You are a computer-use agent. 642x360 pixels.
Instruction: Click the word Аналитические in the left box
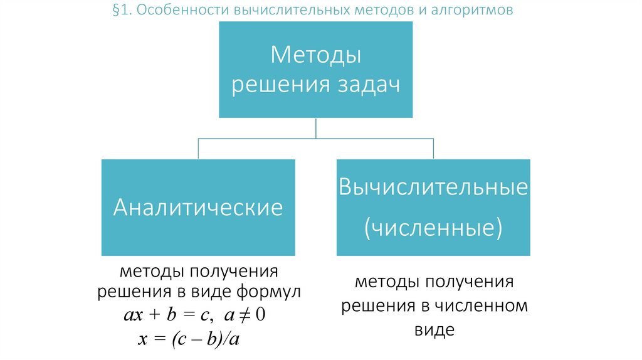coord(198,208)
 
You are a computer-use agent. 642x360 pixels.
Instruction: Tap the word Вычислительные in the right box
coord(433,188)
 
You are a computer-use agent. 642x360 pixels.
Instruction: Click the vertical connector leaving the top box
coord(315,127)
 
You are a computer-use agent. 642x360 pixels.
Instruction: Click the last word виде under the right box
coord(433,329)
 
